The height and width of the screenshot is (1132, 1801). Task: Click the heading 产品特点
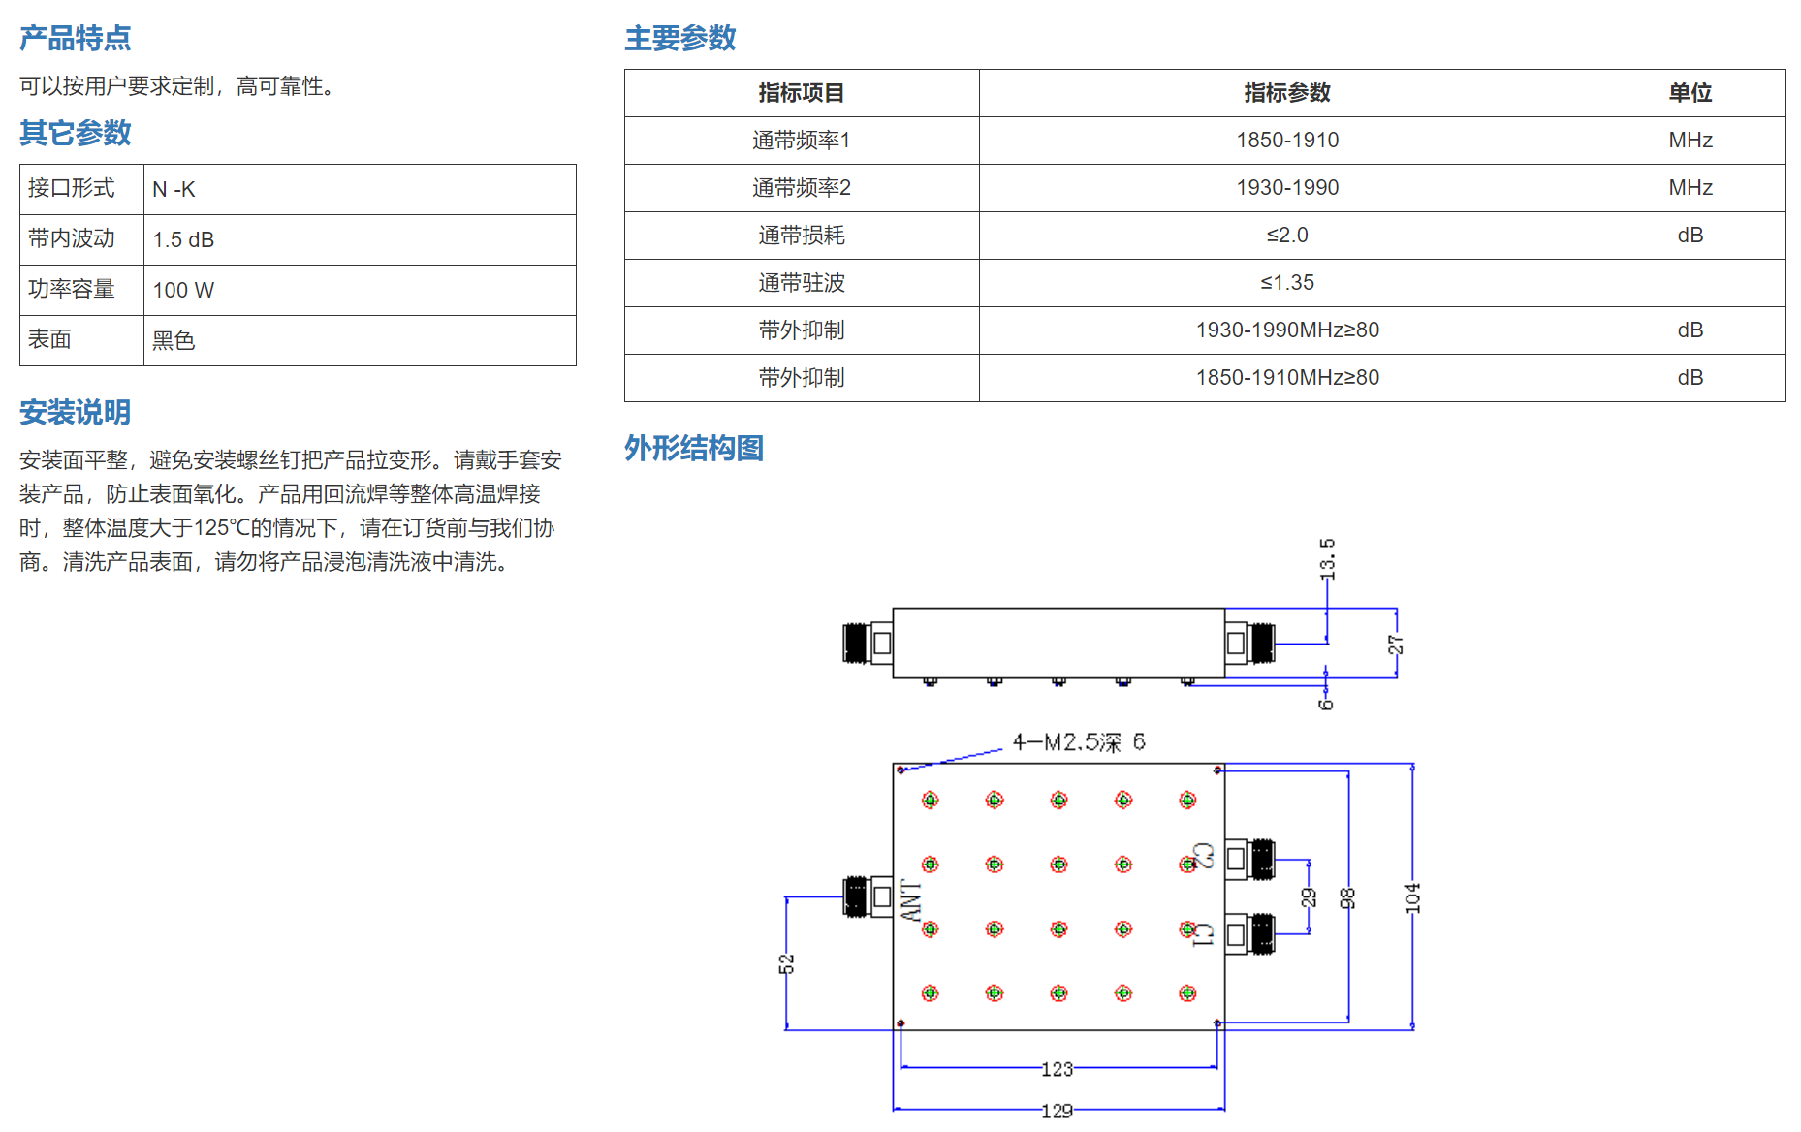click(76, 38)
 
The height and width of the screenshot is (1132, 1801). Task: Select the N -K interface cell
click(174, 189)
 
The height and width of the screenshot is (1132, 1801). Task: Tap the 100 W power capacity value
click(183, 290)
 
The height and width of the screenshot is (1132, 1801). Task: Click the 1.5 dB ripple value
click(183, 239)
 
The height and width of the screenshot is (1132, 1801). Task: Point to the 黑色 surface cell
click(174, 340)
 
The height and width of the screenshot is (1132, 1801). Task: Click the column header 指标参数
click(1287, 93)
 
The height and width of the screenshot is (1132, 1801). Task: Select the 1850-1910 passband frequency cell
click(1287, 141)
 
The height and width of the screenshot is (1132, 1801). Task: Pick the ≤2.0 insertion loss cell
click(1287, 236)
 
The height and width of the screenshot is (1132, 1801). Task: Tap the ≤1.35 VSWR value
click(1287, 283)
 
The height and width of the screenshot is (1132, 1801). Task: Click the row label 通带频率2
click(802, 188)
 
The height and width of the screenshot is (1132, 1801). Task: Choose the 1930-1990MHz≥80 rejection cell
click(1287, 330)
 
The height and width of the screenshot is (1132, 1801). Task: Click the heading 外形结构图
click(694, 448)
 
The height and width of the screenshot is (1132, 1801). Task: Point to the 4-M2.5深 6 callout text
click(1079, 742)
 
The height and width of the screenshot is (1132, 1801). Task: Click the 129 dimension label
click(1057, 1111)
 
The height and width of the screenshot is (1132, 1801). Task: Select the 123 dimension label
click(1057, 1069)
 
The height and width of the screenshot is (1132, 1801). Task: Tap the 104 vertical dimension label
click(1412, 897)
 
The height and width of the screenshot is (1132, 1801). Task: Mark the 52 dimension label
click(786, 963)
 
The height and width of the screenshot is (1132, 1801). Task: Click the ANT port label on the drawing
click(911, 900)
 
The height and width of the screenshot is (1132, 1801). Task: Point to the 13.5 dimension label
click(1327, 559)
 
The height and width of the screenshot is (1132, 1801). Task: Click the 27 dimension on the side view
click(1395, 645)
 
